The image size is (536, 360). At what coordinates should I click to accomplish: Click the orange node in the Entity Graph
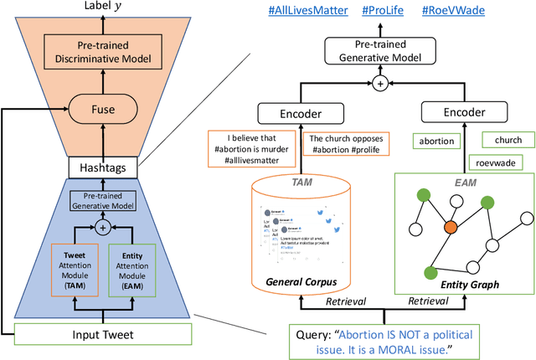(x=450, y=227)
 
